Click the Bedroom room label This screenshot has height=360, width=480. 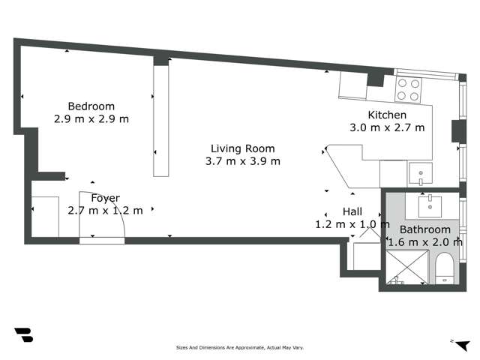click(x=91, y=106)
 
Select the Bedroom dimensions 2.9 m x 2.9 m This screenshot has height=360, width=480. click(x=91, y=118)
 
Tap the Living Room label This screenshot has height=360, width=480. click(x=242, y=148)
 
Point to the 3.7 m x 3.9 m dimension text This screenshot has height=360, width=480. click(x=242, y=161)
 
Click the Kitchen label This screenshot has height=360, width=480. click(x=387, y=115)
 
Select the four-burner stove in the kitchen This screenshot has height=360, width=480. click(x=408, y=89)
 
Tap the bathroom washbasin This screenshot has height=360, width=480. click(x=431, y=203)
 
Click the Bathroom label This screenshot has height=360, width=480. click(x=424, y=229)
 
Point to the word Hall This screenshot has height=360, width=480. click(x=352, y=211)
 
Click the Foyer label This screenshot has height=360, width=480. click(x=105, y=198)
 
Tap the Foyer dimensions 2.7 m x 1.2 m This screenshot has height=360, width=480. click(x=105, y=211)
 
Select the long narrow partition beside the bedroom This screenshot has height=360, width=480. click(x=161, y=120)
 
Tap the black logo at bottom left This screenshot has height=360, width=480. click(x=23, y=335)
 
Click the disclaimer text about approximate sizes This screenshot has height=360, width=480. click(x=239, y=348)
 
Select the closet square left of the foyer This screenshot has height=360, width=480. click(x=46, y=216)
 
